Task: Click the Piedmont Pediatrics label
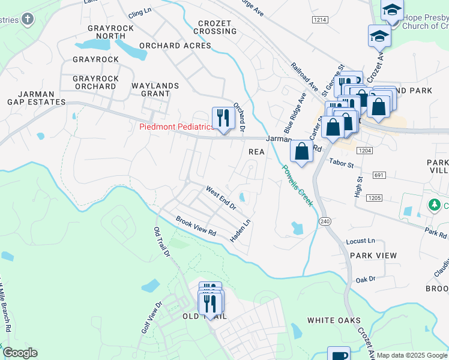(x=176, y=127)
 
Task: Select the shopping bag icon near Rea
(x=302, y=151)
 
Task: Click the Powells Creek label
(x=298, y=185)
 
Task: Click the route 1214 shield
(x=320, y=20)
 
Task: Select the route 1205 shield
(x=375, y=197)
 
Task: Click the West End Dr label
(x=221, y=198)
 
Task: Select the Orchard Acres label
(x=175, y=46)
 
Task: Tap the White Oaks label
(x=334, y=320)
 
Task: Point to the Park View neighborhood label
(x=373, y=256)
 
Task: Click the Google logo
(x=20, y=353)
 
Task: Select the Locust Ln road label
(x=360, y=241)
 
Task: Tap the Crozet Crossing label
(x=214, y=27)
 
